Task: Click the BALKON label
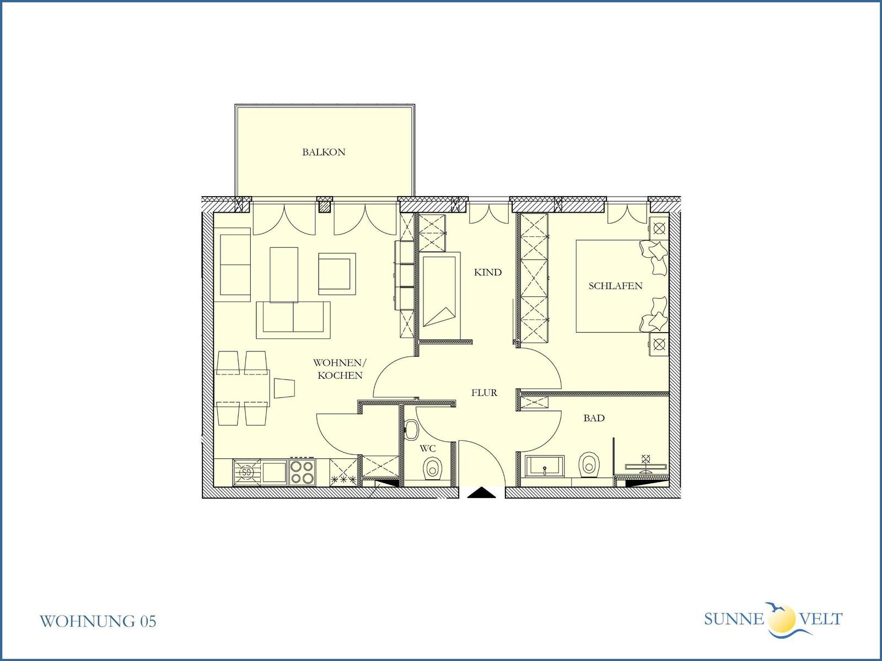tap(324, 152)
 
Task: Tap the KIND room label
tap(488, 273)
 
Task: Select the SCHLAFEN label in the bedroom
tap(615, 286)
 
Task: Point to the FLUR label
tap(484, 393)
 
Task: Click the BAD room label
tap(594, 418)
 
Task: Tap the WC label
tap(428, 448)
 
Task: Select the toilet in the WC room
tap(432, 467)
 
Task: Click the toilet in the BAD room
tap(589, 465)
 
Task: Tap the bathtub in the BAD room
tap(545, 466)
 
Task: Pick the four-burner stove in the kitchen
tap(302, 473)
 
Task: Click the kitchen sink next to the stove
tap(260, 473)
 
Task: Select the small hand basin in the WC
tap(411, 429)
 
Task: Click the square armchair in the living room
tap(337, 274)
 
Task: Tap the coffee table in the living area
tap(284, 274)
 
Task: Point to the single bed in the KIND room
tap(440, 295)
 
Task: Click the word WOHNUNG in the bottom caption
tap(88, 621)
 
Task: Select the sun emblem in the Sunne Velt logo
tap(782, 619)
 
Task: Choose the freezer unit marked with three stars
tap(343, 473)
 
